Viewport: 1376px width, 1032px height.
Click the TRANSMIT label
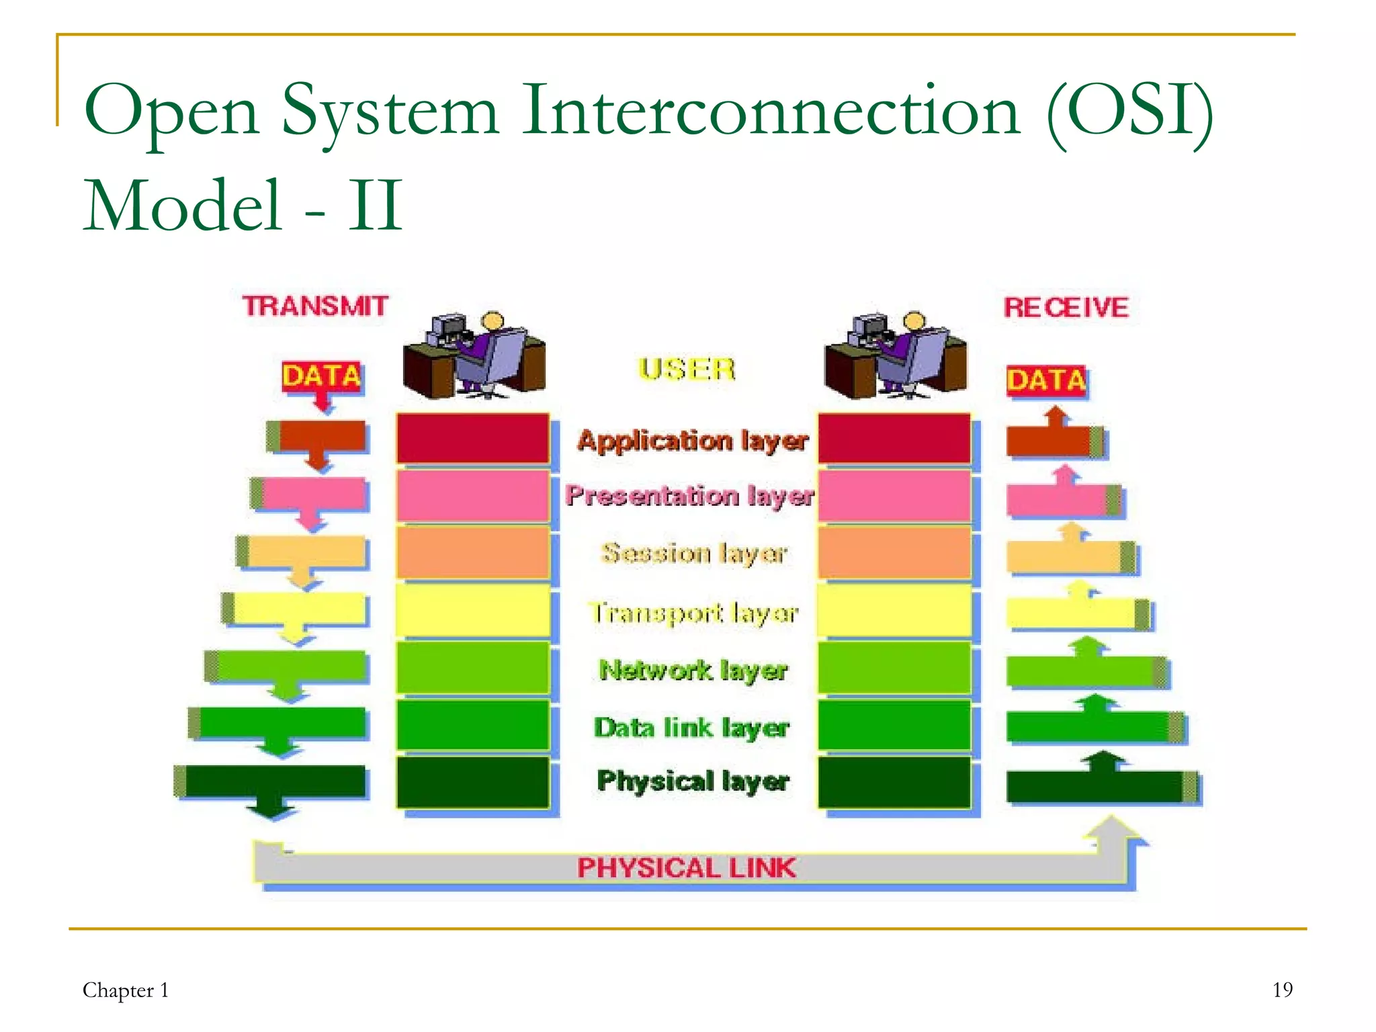point(315,306)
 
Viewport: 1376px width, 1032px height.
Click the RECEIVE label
point(1066,308)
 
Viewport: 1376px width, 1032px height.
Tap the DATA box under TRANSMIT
point(321,376)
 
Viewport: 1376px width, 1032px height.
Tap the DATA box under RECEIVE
point(1045,381)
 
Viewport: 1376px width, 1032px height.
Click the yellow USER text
point(686,370)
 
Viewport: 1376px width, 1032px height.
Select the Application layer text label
point(692,441)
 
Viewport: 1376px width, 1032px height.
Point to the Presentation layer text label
point(689,496)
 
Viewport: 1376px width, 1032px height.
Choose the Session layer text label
point(693,554)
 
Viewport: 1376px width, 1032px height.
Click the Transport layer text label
point(693,613)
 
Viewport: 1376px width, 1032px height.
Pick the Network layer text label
point(692,670)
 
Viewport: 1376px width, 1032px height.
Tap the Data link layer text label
point(691,728)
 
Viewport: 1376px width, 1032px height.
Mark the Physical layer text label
point(692,781)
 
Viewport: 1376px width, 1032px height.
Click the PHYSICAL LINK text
point(686,868)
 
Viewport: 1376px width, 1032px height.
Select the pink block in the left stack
point(472,496)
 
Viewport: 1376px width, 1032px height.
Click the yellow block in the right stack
point(894,610)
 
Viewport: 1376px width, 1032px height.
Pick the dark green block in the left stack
point(472,782)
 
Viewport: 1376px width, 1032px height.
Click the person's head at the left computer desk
point(492,320)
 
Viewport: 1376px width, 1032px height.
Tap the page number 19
point(1282,990)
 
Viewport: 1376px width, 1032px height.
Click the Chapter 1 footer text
point(125,990)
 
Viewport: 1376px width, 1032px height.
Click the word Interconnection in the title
point(771,110)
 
